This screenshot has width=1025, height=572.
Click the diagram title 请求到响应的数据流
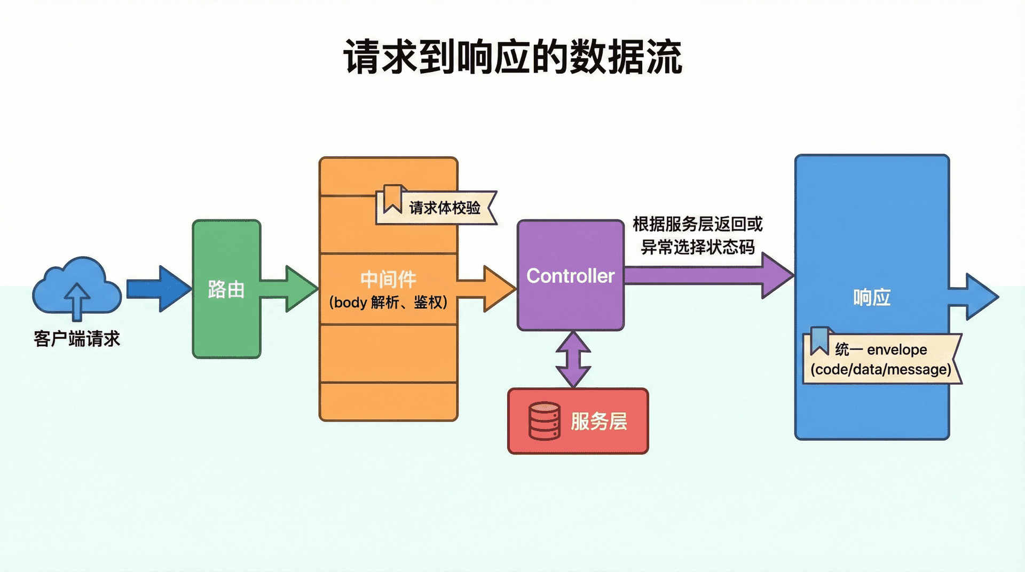pos(512,57)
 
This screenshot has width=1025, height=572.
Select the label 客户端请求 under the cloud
pos(77,338)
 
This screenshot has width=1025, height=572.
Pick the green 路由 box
pos(226,289)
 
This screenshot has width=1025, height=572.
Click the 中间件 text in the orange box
pos(388,279)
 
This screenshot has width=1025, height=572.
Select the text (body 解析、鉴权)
pos(388,303)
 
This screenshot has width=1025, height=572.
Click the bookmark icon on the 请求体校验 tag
pos(393,198)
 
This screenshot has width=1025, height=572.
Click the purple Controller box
pos(570,275)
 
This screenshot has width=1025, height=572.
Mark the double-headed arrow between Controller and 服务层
pos(573,359)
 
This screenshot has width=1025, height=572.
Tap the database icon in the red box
pos(544,421)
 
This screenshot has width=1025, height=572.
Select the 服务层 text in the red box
pos(598,421)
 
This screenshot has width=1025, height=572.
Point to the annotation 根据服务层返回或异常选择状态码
pos(698,235)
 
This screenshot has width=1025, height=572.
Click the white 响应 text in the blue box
pos(872,297)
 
